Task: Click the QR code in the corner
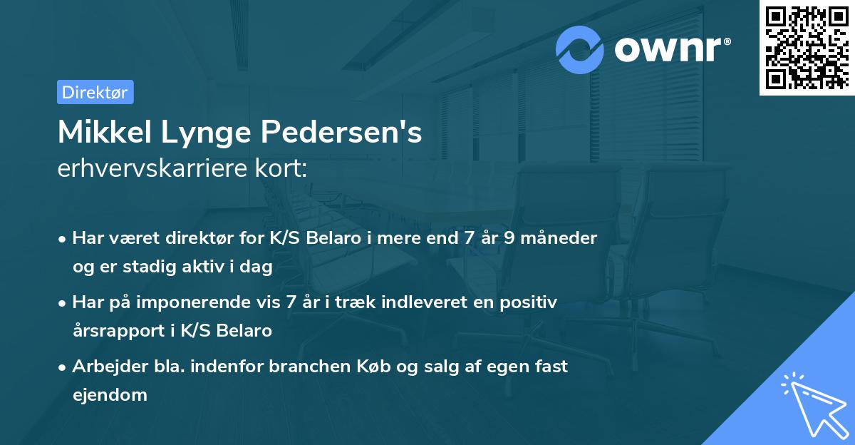[x=807, y=47]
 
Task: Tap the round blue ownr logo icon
[x=580, y=50]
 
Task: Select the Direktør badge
[x=95, y=92]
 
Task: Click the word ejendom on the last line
[x=109, y=394]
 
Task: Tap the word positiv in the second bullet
[x=531, y=302]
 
